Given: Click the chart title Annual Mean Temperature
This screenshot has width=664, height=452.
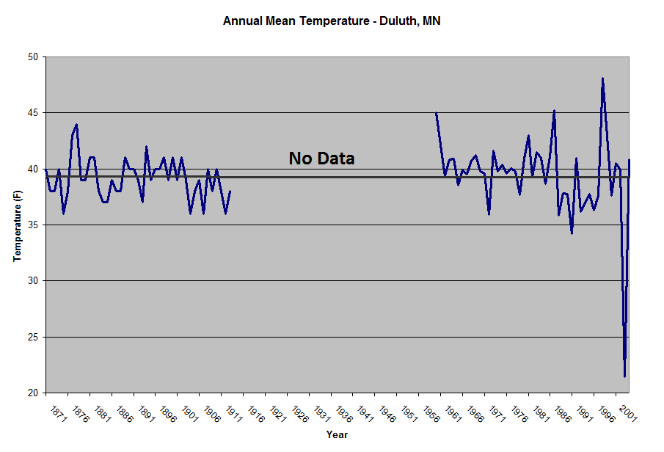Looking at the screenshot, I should [332, 21].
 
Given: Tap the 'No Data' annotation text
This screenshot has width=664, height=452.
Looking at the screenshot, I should [321, 158].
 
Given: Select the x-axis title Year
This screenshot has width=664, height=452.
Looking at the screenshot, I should [337, 435].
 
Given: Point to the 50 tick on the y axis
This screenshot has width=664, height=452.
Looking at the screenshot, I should [33, 56].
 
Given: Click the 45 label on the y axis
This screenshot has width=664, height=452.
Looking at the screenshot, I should [33, 113].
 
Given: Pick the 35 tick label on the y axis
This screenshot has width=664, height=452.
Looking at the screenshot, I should [33, 225].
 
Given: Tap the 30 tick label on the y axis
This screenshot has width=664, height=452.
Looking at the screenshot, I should [33, 281].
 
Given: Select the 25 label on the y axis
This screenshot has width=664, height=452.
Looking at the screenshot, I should [33, 338].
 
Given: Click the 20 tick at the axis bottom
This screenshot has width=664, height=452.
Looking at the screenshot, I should [33, 393].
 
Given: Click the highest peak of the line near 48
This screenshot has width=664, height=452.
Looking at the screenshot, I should [602, 79].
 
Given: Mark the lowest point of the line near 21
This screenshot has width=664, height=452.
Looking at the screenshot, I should [624, 376].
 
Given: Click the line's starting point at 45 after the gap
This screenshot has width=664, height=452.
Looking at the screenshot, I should [436, 113].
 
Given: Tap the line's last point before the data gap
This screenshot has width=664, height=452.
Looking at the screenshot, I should [230, 192].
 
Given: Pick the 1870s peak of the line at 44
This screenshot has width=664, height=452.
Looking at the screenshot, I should [76, 125].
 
